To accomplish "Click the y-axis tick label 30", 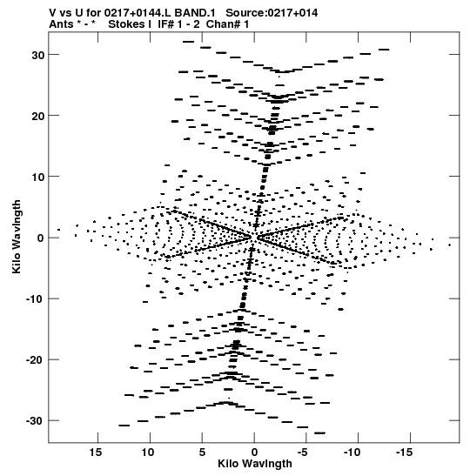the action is pyautogui.click(x=38, y=55).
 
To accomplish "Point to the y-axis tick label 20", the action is pyautogui.click(x=38, y=116).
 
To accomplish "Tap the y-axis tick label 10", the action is pyautogui.click(x=38, y=177).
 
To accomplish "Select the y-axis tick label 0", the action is pyautogui.click(x=41, y=238).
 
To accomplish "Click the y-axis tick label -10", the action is pyautogui.click(x=35, y=299).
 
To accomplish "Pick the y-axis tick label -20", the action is pyautogui.click(x=35, y=360).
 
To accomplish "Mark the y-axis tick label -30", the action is pyautogui.click(x=35, y=421).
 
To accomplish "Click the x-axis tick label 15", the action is pyautogui.click(x=96, y=453).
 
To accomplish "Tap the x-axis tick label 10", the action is pyautogui.click(x=148, y=453).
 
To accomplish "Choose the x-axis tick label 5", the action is pyautogui.click(x=202, y=453).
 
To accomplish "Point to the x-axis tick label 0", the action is pyautogui.click(x=254, y=453).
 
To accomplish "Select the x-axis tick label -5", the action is pyautogui.click(x=302, y=453).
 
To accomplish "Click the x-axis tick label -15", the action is pyautogui.click(x=405, y=453).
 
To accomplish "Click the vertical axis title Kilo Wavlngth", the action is pyautogui.click(x=17, y=237).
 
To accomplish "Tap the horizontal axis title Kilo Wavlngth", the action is pyautogui.click(x=255, y=464).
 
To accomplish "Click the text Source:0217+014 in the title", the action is pyautogui.click(x=272, y=13).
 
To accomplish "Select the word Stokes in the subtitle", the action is pyautogui.click(x=130, y=24).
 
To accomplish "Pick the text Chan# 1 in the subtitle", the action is pyautogui.click(x=227, y=24).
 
